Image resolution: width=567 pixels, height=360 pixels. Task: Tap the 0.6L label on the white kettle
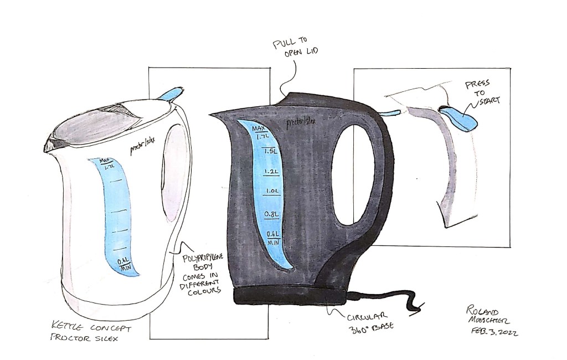[x=124, y=261]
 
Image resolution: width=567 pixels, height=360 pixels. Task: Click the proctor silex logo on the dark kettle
[x=302, y=122]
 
